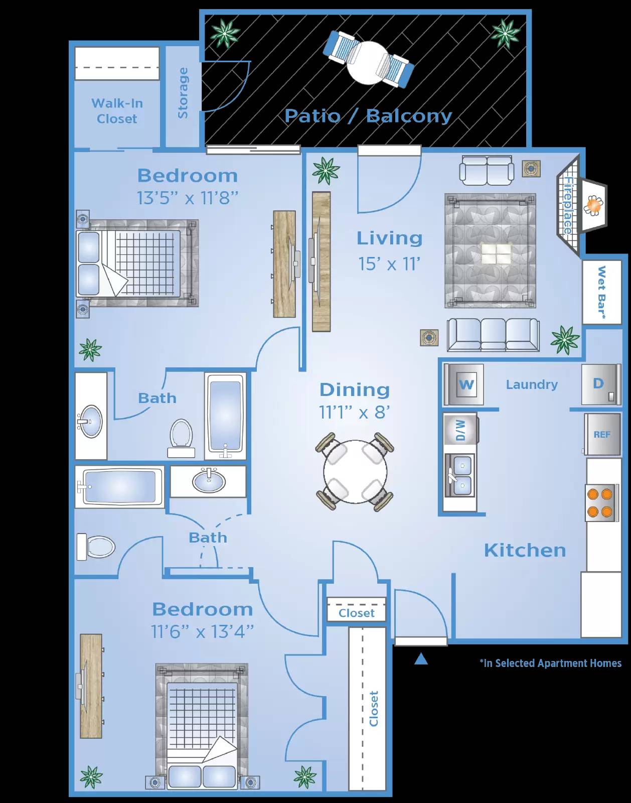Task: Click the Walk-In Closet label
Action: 117,111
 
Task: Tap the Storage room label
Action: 183,93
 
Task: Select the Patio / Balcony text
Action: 368,116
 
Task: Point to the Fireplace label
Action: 568,205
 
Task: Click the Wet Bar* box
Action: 601,292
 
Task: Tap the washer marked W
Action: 465,384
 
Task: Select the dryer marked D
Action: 599,384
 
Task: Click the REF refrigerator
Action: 602,435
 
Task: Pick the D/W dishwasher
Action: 460,430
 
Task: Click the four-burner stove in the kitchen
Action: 600,503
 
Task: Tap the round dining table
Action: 355,471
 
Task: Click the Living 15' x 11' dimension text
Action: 389,264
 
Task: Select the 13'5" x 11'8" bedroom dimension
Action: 187,198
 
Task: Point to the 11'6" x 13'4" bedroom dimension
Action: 202,632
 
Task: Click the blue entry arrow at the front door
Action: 421,659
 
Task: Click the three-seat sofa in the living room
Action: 493,334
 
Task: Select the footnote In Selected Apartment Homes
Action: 550,663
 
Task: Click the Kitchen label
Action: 525,551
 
